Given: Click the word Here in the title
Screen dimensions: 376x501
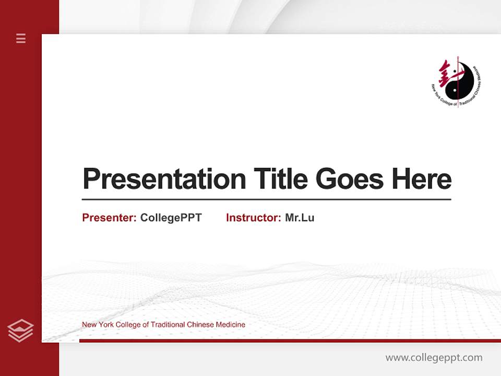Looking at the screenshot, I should tap(422, 179).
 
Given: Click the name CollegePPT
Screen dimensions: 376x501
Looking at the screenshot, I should tap(171, 218).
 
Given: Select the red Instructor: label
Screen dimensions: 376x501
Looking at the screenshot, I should tap(254, 218).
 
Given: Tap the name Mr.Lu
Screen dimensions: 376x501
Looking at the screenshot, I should tap(300, 218).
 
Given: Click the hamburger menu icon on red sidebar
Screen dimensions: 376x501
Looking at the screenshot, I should tap(21, 38).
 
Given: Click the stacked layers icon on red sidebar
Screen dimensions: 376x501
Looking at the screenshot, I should tap(21, 330).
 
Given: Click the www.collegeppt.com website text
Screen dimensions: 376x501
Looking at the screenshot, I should tap(434, 358).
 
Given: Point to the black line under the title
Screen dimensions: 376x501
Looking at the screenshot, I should tap(266, 199).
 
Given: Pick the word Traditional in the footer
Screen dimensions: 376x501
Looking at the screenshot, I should tap(168, 325).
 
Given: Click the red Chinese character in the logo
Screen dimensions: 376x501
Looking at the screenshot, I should tap(446, 73).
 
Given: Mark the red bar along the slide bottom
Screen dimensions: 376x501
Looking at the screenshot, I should tap(290, 340).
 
